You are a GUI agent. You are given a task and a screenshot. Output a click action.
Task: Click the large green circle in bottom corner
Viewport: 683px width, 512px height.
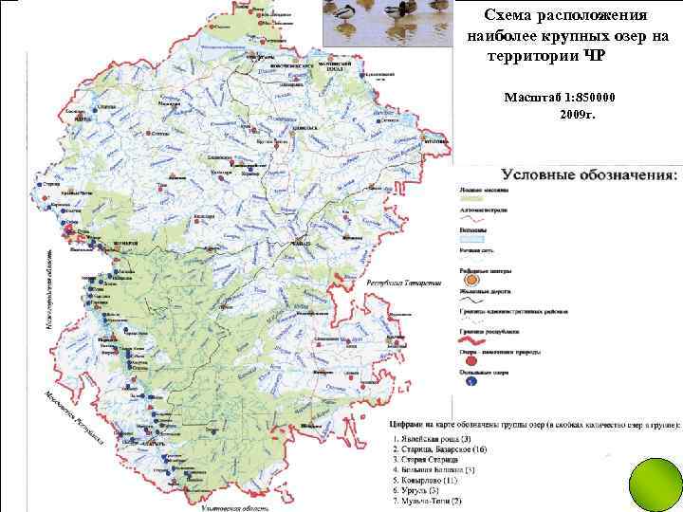[651, 482]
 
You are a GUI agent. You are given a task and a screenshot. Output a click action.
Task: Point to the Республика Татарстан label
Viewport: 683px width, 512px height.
[403, 283]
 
